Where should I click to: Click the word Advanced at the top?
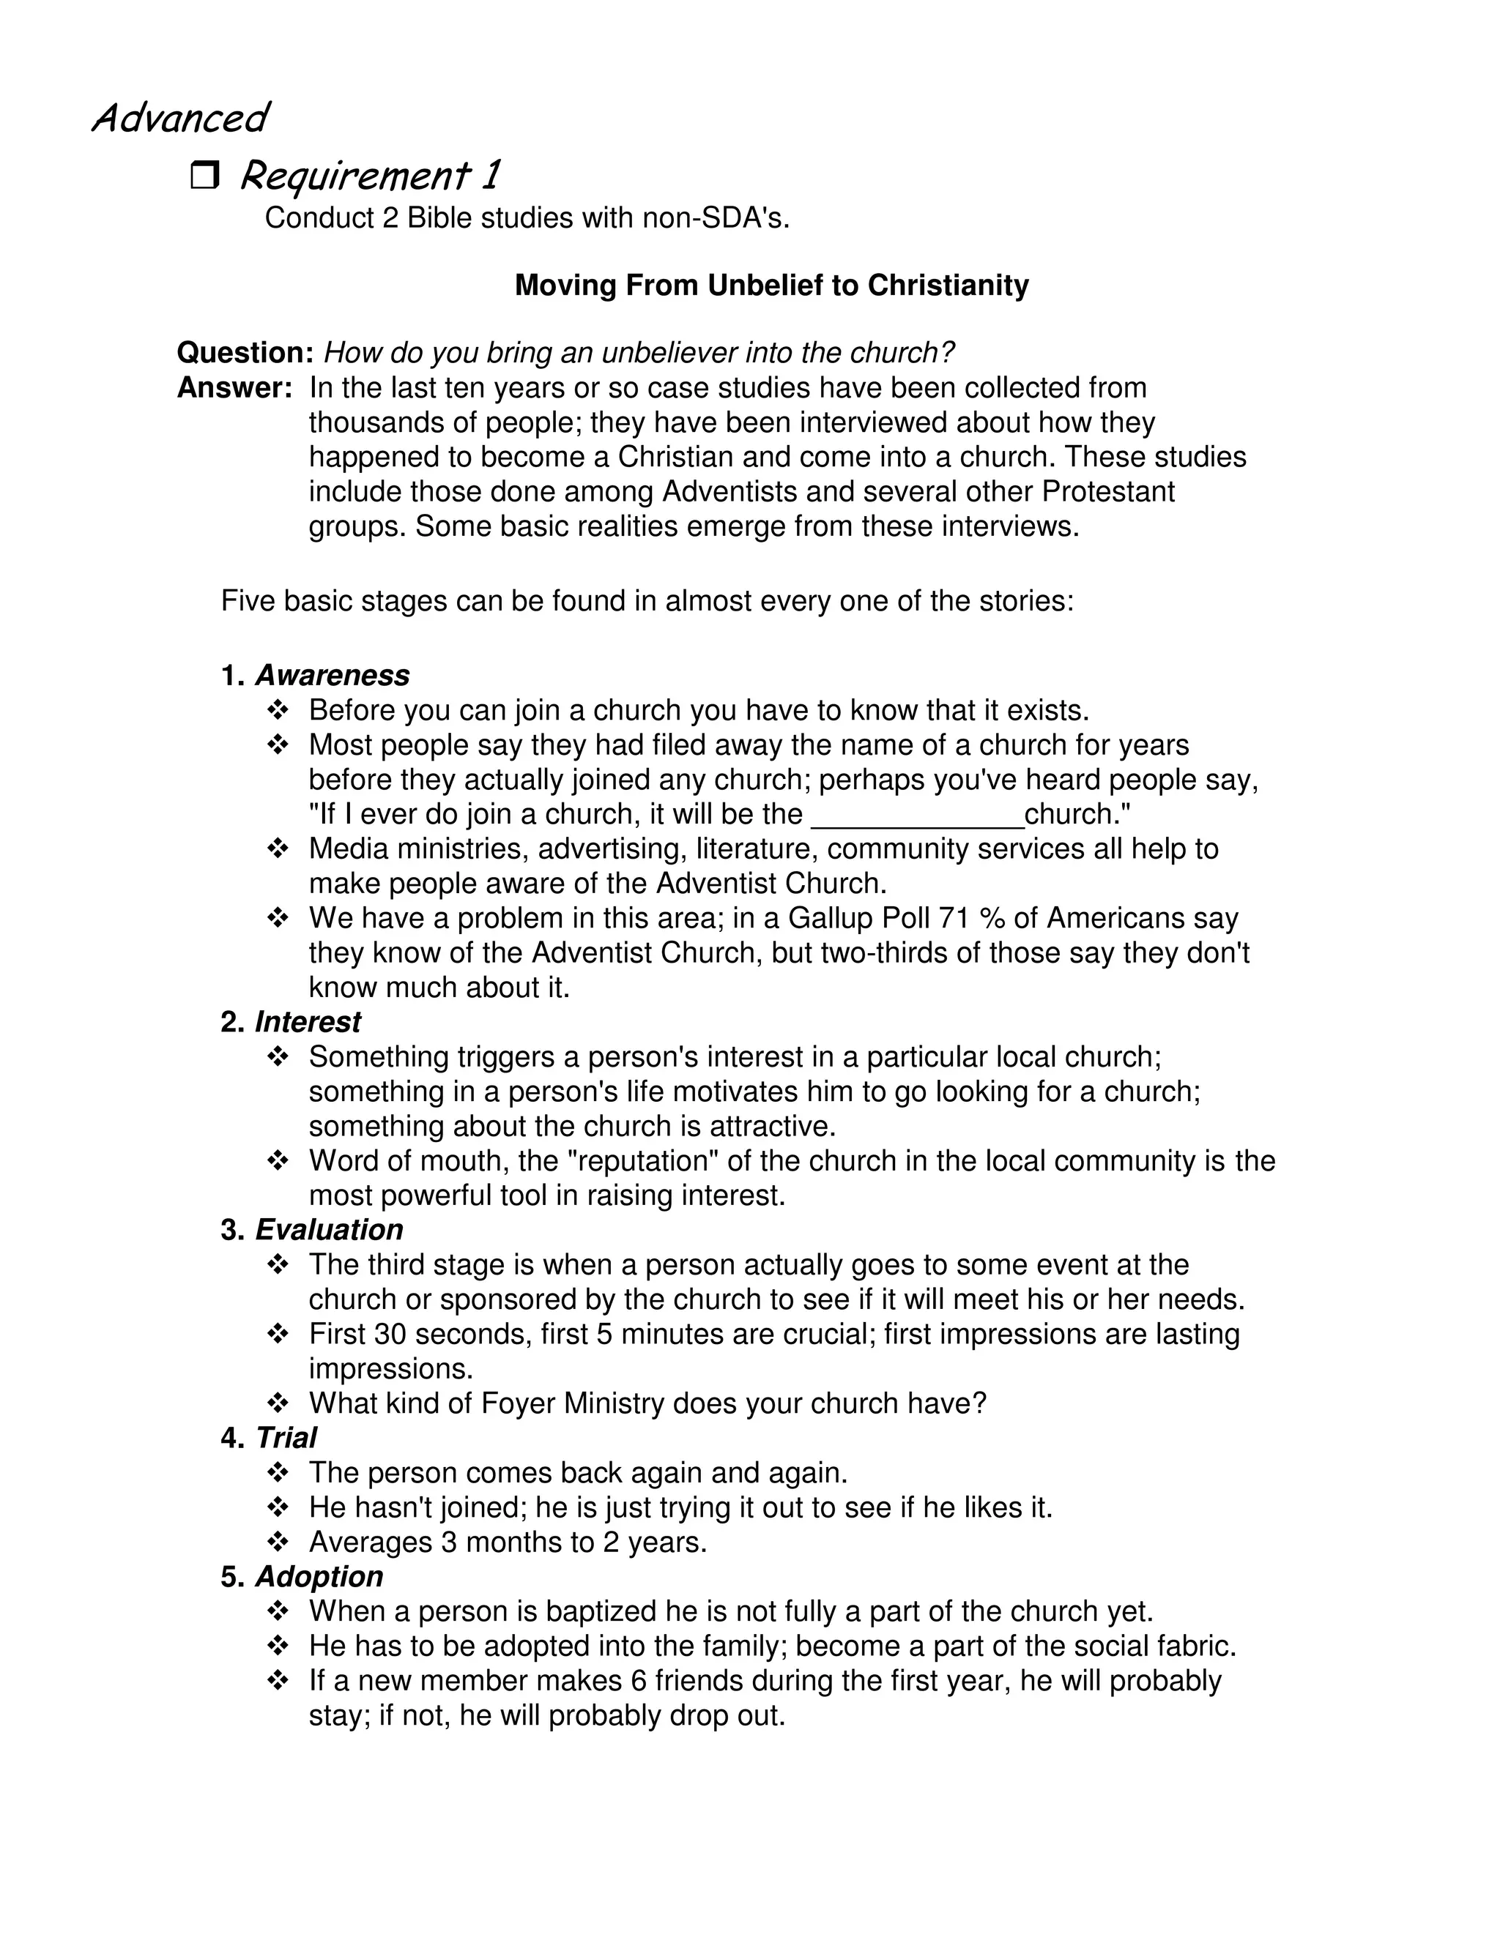click(179, 117)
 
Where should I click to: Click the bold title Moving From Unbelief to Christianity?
click(771, 285)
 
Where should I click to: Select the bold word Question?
click(245, 353)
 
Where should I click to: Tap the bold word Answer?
click(234, 388)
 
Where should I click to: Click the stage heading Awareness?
click(333, 675)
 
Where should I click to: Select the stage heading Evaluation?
click(329, 1229)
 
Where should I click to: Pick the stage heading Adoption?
click(319, 1576)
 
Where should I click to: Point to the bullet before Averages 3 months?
click(278, 1542)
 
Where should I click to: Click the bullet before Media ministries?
click(278, 849)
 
